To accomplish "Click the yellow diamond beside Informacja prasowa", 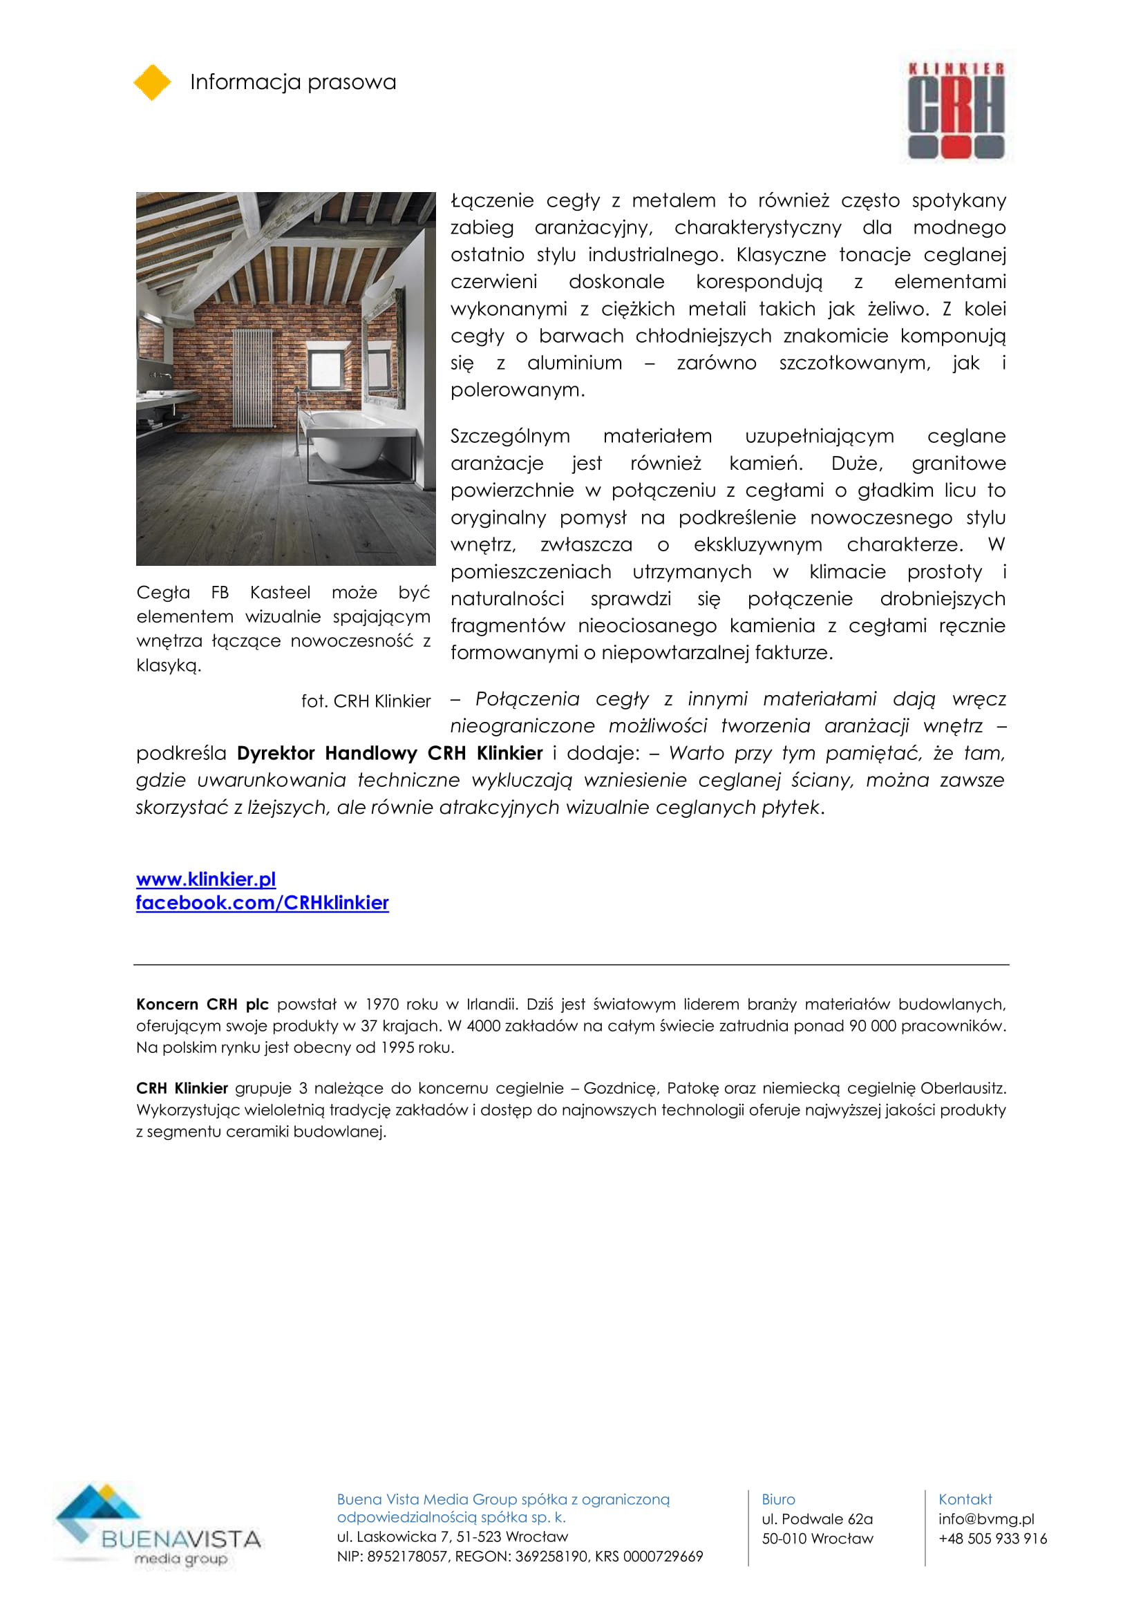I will (152, 82).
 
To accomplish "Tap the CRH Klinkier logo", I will (956, 110).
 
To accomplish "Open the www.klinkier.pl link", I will (205, 879).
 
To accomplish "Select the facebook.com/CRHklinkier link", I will (262, 903).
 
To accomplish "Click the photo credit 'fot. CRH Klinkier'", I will (366, 701).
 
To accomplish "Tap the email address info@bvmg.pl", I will (985, 1519).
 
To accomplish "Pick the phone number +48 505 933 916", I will (992, 1539).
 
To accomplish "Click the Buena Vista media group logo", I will (158, 1526).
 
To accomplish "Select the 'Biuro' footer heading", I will (777, 1499).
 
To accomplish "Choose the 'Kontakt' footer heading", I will (964, 1499).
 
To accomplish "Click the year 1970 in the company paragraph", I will (381, 1005).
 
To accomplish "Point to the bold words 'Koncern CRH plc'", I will (202, 1005).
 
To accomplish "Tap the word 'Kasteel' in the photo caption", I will (279, 593).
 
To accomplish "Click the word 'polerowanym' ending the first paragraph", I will (517, 390).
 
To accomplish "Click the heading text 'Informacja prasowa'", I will (293, 82).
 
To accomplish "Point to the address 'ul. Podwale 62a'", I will (816, 1519).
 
